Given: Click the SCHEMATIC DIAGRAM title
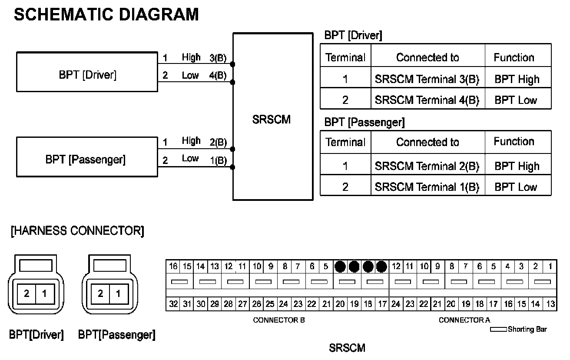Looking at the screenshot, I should click(106, 14).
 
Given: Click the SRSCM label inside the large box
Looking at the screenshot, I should click(271, 120).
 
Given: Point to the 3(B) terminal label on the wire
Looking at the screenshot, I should click(218, 58).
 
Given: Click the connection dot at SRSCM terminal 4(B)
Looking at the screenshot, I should click(233, 82).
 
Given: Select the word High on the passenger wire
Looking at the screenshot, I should click(191, 141).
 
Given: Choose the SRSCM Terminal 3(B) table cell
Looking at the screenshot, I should click(427, 80).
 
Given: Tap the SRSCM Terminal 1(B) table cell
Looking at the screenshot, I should click(427, 187).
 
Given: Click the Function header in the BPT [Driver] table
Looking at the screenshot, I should click(514, 57).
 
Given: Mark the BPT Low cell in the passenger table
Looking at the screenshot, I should click(516, 187).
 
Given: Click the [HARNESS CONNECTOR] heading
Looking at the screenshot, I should click(77, 231).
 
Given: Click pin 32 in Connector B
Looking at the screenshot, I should click(173, 304).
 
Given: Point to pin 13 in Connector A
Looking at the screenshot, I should click(550, 304).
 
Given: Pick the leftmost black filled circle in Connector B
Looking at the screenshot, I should click(341, 266).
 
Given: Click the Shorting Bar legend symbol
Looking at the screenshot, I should click(498, 330).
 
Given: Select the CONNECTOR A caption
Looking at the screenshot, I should click(464, 320).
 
